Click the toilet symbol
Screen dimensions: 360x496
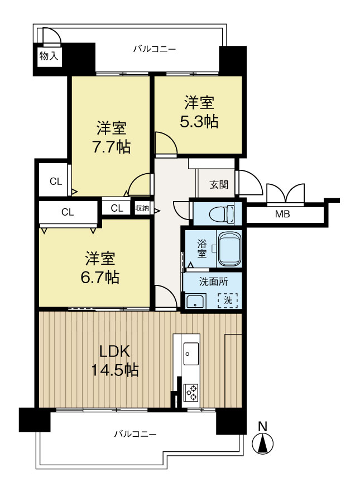(x=222, y=213)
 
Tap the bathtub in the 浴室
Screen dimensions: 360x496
(x=229, y=249)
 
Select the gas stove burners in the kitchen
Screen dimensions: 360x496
(x=191, y=392)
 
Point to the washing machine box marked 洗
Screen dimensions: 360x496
(x=228, y=300)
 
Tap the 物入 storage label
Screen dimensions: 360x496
(x=49, y=56)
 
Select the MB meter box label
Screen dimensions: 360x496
(x=282, y=214)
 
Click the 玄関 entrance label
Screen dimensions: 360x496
(x=219, y=184)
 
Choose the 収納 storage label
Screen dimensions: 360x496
(x=142, y=208)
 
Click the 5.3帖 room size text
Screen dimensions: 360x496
(x=199, y=121)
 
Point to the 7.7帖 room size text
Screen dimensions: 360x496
(x=111, y=146)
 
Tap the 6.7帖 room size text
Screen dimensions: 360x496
(x=100, y=277)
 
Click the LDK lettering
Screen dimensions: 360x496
(x=115, y=351)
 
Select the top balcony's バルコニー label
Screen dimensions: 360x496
(x=154, y=49)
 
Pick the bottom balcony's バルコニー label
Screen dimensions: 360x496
(x=135, y=433)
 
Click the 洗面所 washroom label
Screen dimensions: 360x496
(x=213, y=282)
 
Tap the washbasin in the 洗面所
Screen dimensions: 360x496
(x=196, y=301)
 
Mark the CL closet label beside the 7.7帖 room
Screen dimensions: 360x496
(x=56, y=182)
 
